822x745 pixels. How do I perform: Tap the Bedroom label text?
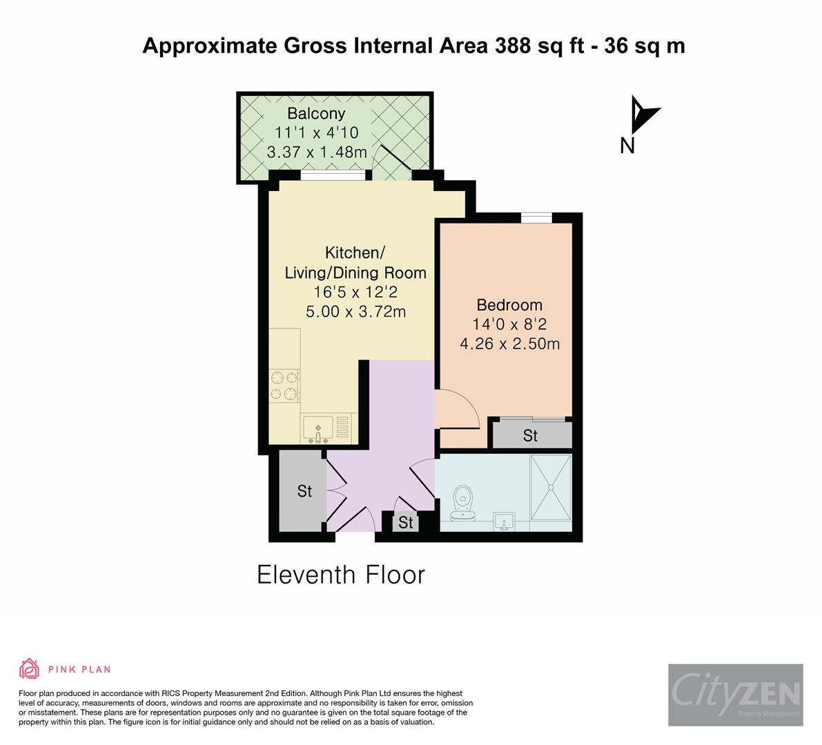tap(509, 305)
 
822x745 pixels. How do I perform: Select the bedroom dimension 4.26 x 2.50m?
tap(509, 343)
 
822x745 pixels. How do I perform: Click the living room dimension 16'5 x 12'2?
tap(355, 292)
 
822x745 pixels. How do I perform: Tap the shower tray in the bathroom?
tap(551, 487)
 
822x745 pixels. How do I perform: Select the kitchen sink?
tap(317, 427)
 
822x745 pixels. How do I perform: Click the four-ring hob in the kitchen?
tap(284, 386)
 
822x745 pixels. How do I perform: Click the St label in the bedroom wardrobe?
tap(530, 436)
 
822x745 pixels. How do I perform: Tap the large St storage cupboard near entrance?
tap(304, 491)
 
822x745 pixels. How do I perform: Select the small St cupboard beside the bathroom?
tap(406, 523)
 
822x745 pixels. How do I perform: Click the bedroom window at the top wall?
tap(536, 219)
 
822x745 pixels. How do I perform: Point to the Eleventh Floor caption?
tap(341, 575)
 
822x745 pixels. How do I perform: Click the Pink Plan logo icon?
tap(29, 668)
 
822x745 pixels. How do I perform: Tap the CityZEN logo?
tap(735, 695)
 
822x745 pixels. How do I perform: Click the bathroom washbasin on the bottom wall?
tap(505, 522)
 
